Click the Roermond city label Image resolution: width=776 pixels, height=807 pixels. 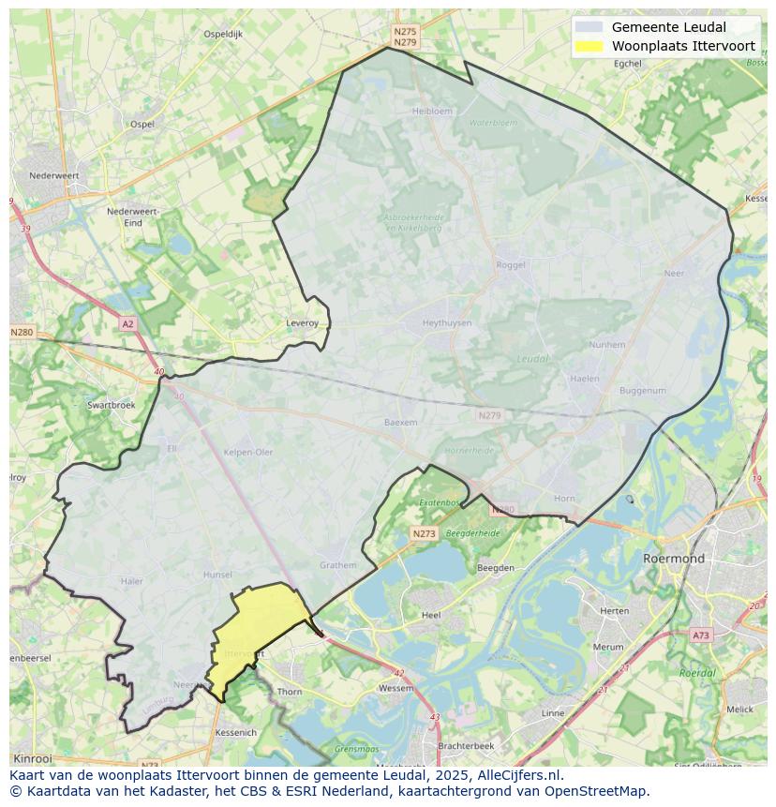[x=674, y=558]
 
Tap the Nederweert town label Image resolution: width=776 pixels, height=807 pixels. [x=54, y=175]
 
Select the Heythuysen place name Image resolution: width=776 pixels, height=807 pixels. [x=447, y=322]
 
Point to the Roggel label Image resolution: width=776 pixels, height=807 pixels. [x=511, y=265]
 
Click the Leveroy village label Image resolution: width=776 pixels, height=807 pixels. [x=302, y=322]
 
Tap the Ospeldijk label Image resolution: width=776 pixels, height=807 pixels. [x=223, y=34]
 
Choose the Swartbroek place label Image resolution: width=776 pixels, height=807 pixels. [x=111, y=405]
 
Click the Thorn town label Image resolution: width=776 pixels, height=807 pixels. [x=290, y=692]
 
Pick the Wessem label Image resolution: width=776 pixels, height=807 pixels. [x=395, y=688]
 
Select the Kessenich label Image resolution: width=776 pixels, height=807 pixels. [x=235, y=732]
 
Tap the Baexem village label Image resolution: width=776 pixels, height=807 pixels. [x=400, y=423]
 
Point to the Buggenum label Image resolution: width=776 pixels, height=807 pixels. [x=643, y=391]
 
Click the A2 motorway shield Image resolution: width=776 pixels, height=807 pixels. [x=127, y=324]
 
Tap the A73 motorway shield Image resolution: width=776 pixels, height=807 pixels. [x=700, y=635]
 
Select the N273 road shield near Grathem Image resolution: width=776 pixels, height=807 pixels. [x=424, y=533]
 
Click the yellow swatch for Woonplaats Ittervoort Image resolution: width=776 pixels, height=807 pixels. [x=589, y=46]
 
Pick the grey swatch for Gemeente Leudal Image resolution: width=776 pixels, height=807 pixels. [x=589, y=27]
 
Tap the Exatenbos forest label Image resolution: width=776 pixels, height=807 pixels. [x=439, y=502]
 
